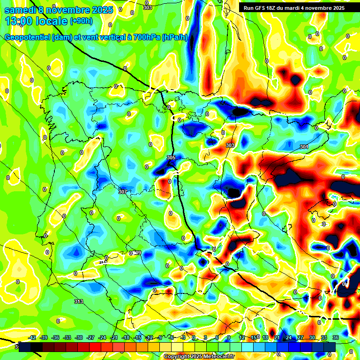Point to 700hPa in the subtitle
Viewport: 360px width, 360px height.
coord(145,37)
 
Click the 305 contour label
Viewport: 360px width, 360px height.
coord(171,157)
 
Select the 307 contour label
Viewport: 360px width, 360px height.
coord(123,191)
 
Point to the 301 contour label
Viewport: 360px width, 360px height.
coord(304,147)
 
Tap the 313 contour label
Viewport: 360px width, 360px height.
coord(79,301)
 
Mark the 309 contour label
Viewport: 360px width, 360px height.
coord(136,253)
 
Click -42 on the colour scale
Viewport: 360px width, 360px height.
coord(32,337)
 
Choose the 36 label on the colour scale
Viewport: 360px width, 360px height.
coord(336,337)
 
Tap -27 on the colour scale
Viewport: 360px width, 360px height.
coord(91,337)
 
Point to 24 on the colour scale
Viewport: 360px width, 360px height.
coord(289,337)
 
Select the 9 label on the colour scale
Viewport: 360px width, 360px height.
coord(229,337)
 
